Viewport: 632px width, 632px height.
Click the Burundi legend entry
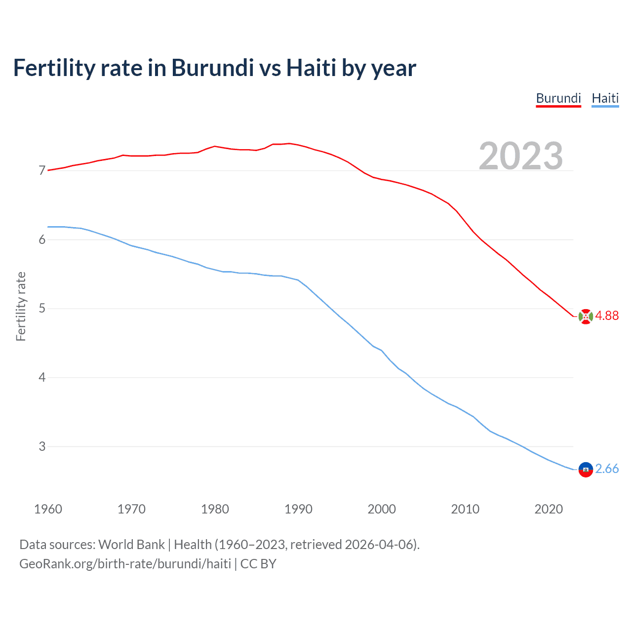(x=558, y=98)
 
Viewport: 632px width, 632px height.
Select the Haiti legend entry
(x=605, y=98)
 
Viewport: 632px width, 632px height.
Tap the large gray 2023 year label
(x=520, y=156)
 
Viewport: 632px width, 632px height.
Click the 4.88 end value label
(x=606, y=316)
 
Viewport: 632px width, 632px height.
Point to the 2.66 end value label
(x=606, y=469)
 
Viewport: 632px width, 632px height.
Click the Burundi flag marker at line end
(x=586, y=316)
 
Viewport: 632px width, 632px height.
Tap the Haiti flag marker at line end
(x=586, y=470)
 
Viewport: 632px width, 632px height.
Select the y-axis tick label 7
(x=42, y=171)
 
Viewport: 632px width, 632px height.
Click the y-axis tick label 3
(x=42, y=446)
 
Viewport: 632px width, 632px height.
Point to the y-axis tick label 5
(x=42, y=309)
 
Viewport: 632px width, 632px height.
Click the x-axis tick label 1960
(x=48, y=509)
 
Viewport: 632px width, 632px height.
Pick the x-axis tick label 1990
(x=298, y=509)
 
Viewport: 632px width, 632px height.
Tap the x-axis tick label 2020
(x=549, y=509)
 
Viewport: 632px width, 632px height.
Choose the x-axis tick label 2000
(x=382, y=509)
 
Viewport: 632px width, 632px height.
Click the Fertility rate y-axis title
(x=21, y=306)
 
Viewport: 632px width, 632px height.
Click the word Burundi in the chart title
(x=212, y=68)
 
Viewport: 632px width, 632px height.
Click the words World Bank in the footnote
(x=131, y=545)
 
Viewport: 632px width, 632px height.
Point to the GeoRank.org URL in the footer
(x=125, y=564)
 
